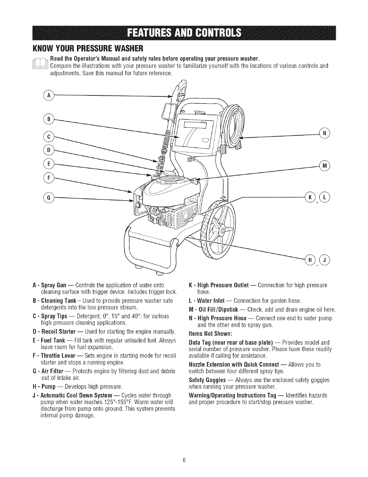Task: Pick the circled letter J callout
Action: tap(325, 259)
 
